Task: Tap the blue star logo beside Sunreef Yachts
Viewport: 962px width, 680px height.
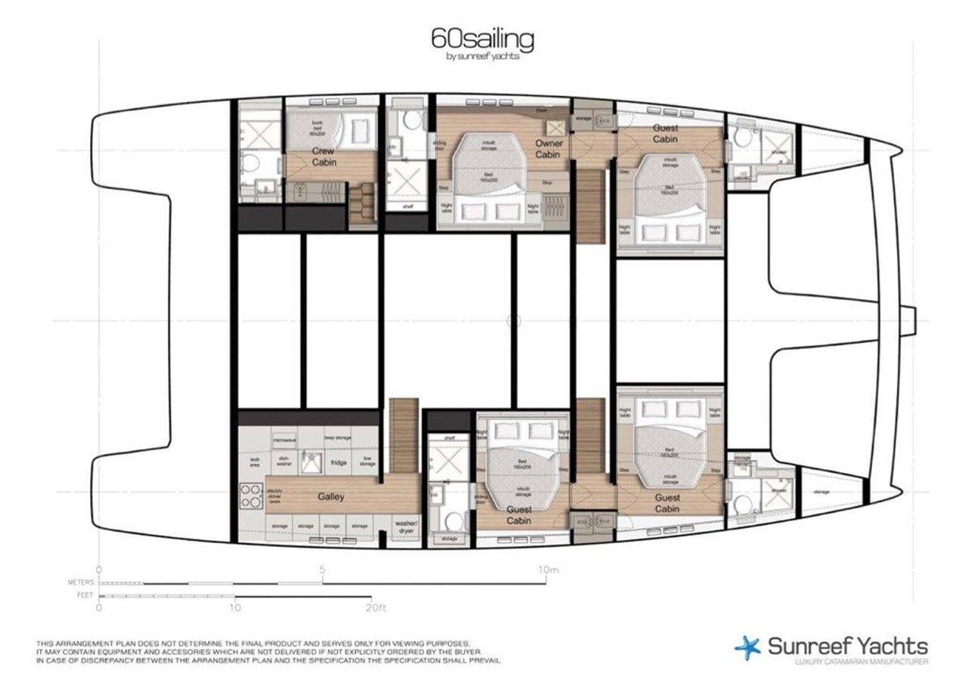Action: (747, 648)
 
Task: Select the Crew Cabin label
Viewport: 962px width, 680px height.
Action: (324, 156)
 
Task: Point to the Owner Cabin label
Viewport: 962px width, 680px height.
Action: (549, 149)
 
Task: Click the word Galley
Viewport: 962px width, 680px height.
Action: (330, 496)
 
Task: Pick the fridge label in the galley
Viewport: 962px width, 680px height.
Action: (338, 462)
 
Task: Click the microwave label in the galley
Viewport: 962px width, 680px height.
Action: (283, 438)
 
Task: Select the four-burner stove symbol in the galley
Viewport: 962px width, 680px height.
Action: (251, 496)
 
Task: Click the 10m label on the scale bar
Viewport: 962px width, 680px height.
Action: (548, 570)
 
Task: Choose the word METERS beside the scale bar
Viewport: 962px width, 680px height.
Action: (80, 583)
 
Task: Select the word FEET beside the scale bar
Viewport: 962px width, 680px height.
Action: (85, 595)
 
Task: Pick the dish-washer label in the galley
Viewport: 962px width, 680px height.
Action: (283, 460)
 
